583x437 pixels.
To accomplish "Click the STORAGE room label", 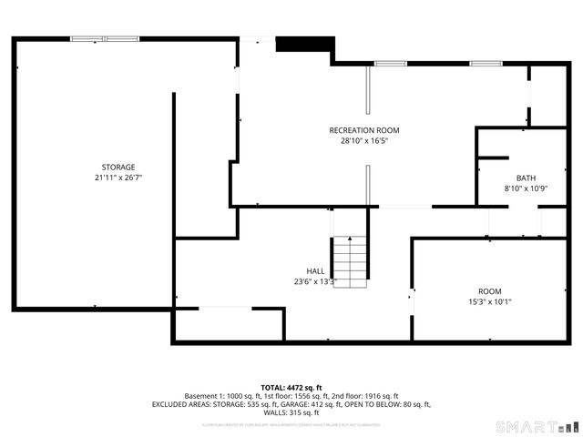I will (x=118, y=167).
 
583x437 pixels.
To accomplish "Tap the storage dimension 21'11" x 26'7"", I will (x=118, y=178).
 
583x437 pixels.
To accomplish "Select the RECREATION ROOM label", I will (x=364, y=130).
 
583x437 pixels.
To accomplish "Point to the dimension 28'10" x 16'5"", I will (x=364, y=141).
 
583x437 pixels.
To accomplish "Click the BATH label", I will (x=526, y=178).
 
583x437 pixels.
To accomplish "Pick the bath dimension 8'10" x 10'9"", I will (x=526, y=188).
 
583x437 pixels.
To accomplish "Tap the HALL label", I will (x=315, y=271).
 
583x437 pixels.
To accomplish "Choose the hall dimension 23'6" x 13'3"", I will (x=314, y=282).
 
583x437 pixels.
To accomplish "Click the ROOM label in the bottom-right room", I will (x=490, y=290).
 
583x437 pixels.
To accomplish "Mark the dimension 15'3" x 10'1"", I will (x=490, y=301).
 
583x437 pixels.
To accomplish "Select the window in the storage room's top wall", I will (x=105, y=39).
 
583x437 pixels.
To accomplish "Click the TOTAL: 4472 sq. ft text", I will (x=291, y=387).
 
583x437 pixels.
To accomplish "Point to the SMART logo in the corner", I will (x=537, y=426).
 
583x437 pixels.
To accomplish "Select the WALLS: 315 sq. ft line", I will (x=291, y=412).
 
